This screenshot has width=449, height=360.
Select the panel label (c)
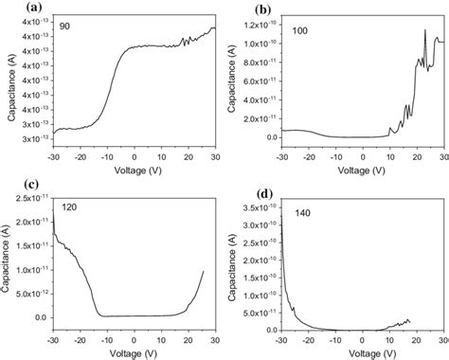(10, 186)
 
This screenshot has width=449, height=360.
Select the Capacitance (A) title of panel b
(232, 81)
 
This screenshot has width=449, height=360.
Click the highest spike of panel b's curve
(424, 30)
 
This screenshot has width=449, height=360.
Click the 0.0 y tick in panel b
(271, 136)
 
